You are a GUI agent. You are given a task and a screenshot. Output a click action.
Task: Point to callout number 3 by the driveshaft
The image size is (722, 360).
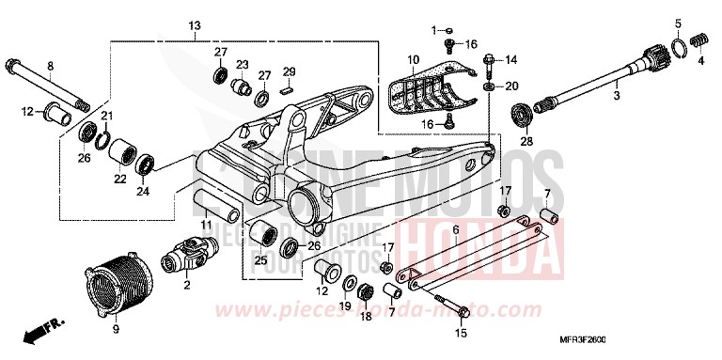pyautogui.click(x=617, y=96)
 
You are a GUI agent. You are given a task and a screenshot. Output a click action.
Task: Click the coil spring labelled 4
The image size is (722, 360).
pyautogui.click(x=698, y=40)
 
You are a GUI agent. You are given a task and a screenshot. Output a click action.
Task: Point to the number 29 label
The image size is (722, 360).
pyautogui.click(x=290, y=72)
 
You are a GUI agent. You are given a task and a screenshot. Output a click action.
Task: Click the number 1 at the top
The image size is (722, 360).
pyautogui.click(x=434, y=30)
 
